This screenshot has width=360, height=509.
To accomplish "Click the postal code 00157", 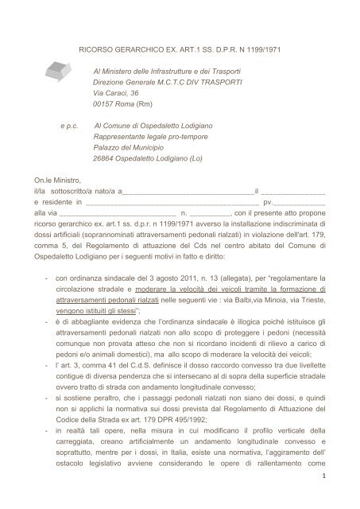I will [104, 105].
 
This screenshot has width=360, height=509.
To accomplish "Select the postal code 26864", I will [104, 158].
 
